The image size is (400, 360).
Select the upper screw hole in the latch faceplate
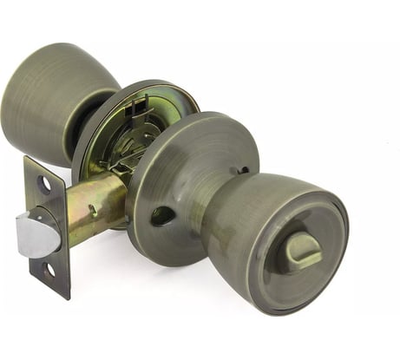43,184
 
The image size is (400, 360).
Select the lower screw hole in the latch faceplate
49,270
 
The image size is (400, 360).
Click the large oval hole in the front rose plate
161,216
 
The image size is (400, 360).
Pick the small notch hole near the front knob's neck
244,170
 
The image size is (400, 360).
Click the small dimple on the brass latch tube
93,209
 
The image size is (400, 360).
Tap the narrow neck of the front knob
221,208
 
